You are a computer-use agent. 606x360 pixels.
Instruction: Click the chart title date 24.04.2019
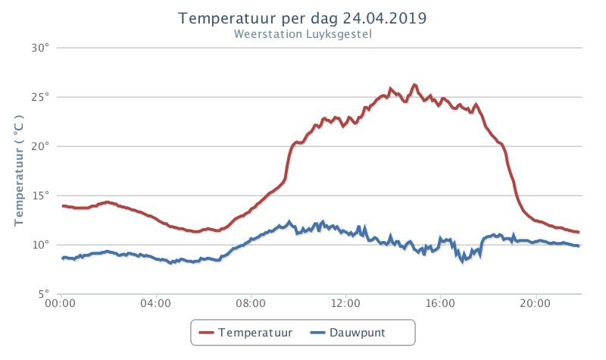click(x=385, y=18)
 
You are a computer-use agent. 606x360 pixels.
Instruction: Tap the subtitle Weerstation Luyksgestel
click(x=302, y=34)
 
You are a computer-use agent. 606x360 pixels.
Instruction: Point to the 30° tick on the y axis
click(x=41, y=48)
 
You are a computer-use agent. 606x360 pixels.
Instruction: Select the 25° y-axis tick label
click(x=41, y=97)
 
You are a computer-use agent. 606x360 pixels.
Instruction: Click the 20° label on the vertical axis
click(x=41, y=146)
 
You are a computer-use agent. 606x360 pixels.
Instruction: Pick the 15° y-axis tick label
click(x=41, y=196)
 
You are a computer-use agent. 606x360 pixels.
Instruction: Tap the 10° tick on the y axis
click(x=41, y=245)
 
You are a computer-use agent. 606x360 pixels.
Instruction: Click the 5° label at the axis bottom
click(x=44, y=294)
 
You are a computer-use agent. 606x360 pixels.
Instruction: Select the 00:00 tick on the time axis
click(x=61, y=303)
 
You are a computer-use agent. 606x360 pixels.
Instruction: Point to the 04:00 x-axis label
click(x=156, y=303)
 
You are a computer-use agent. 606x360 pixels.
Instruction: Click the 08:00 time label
click(x=251, y=303)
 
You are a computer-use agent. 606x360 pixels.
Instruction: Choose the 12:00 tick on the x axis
click(x=345, y=303)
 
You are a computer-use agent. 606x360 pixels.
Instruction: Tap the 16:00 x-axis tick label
click(x=441, y=303)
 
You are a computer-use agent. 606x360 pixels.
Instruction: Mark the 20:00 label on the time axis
click(x=536, y=303)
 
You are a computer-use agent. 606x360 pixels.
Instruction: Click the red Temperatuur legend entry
click(x=245, y=333)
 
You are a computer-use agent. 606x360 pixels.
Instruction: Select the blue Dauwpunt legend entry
click(x=348, y=333)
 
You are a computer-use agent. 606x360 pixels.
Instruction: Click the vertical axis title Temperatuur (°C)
click(x=19, y=170)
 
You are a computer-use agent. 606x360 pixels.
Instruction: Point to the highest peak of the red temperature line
click(x=414, y=84)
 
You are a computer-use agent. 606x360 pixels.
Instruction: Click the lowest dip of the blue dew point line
click(x=463, y=261)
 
